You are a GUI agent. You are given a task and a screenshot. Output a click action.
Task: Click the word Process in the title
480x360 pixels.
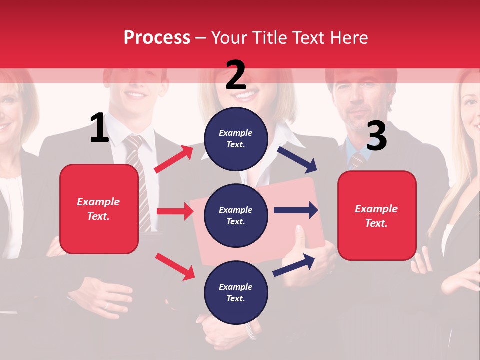157,38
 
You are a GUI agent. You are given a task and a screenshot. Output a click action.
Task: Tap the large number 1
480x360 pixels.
99,128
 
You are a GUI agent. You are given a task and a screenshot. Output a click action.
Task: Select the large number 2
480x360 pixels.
236,75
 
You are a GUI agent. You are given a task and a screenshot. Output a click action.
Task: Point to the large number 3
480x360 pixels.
376,136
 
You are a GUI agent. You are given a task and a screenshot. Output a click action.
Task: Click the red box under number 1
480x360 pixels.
99,209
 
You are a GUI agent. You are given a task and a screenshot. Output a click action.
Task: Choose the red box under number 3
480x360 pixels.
377,216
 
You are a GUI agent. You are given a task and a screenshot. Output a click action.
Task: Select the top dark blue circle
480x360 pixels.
236,138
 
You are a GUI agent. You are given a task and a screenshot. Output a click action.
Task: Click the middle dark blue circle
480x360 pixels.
236,215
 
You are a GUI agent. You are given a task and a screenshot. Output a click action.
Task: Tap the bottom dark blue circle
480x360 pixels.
236,292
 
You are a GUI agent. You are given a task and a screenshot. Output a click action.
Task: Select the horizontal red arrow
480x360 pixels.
175,211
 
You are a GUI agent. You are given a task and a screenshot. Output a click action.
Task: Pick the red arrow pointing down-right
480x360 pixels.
175,266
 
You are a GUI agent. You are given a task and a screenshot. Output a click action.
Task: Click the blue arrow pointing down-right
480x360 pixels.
297,159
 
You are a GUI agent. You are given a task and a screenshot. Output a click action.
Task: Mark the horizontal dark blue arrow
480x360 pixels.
296,210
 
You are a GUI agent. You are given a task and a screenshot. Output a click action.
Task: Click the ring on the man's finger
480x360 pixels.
106,305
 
